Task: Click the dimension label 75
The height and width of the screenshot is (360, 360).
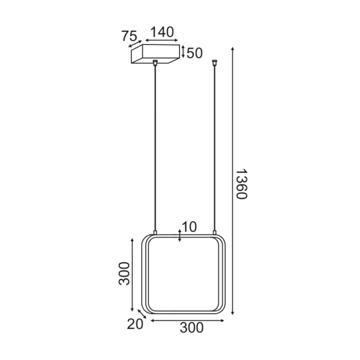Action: pos(129,36)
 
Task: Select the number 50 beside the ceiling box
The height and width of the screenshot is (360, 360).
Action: pos(194,53)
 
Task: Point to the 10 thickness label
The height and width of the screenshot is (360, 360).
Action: pos(188,227)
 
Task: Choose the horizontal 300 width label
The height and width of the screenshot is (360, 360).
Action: pos(191,328)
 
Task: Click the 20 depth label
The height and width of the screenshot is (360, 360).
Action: pos(134,324)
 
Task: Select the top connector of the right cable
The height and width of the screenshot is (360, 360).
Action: pos(214,61)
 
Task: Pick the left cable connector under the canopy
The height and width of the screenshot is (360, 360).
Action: pos(155,62)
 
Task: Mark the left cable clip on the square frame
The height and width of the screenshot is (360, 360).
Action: pos(155,232)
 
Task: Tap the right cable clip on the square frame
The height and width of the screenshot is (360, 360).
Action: pos(214,232)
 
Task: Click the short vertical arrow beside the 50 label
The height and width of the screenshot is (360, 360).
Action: pos(184,52)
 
